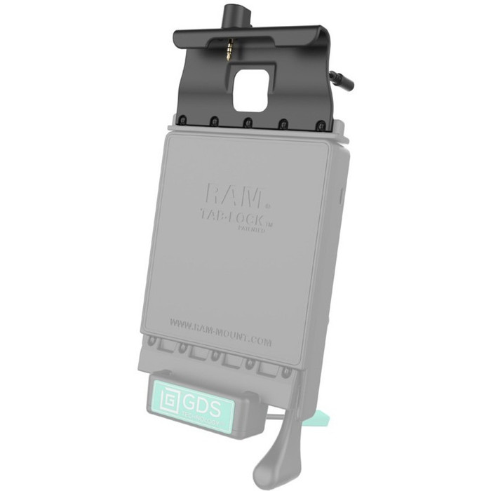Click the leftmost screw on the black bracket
click(182, 120)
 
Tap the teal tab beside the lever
click(311, 423)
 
